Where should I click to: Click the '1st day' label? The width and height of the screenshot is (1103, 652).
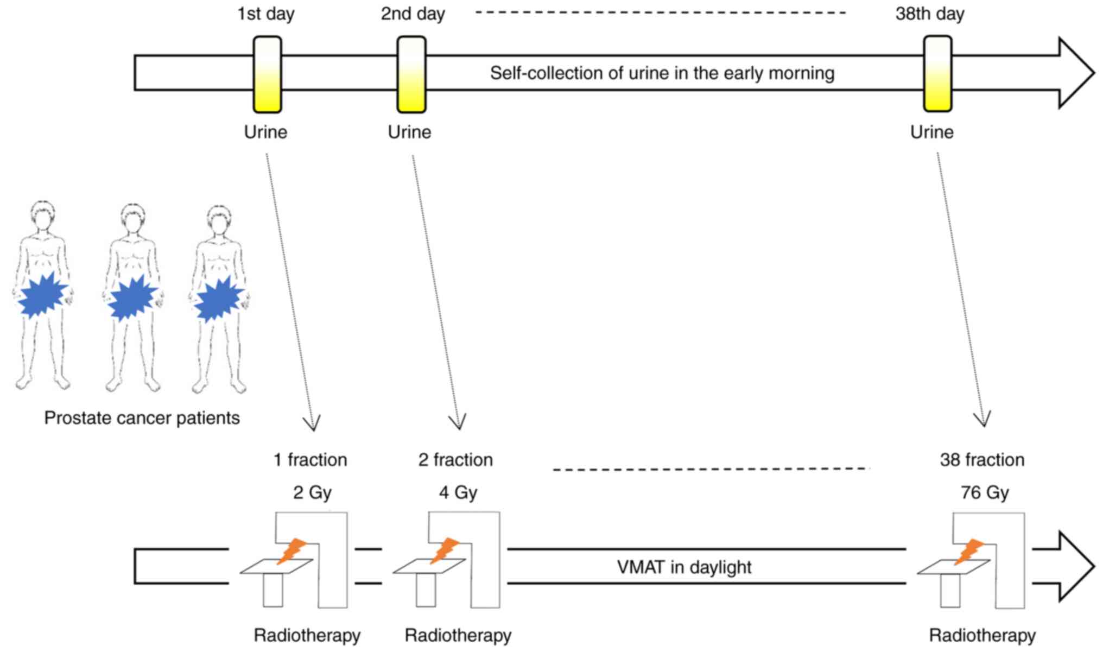coord(266,14)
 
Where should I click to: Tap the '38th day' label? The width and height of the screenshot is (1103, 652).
coord(930,14)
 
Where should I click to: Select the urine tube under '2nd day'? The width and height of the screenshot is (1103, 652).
coord(411,74)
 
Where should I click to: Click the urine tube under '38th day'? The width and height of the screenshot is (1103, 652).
coord(938,74)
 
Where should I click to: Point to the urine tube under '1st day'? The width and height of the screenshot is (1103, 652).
coord(268,74)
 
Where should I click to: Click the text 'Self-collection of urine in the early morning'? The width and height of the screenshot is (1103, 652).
coord(662,73)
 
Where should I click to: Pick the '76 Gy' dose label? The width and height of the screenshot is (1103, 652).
coord(985,492)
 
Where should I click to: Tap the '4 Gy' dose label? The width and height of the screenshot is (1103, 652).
coord(458,492)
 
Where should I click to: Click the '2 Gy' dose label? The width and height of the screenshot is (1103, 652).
coord(312,492)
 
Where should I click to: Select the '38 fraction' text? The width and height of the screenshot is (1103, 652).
coord(982,460)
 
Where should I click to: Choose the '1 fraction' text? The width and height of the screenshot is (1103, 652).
coord(310,460)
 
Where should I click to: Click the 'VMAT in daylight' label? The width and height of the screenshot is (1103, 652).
coord(684,567)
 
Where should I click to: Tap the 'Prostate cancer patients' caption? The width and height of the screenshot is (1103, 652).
coord(142,418)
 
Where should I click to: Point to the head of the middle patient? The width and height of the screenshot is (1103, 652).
coord(132,219)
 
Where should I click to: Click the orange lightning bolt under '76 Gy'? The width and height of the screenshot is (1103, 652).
coord(969,551)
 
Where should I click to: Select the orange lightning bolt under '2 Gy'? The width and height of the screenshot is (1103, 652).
coord(292,551)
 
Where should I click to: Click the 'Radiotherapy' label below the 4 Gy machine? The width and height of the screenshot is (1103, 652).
coord(458,635)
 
